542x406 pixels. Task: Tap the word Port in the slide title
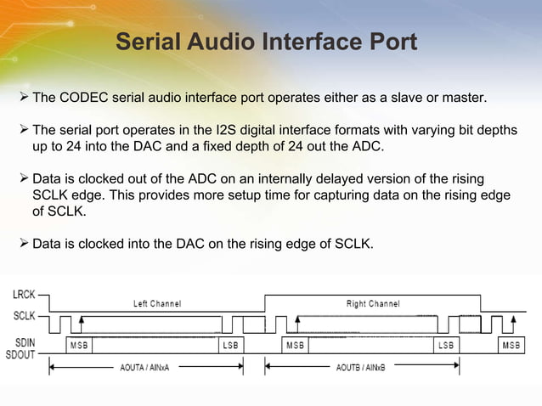tap(387, 42)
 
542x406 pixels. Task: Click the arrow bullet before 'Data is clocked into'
tap(24, 245)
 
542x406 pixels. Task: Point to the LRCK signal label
tap(24, 295)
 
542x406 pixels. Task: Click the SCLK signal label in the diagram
tap(24, 314)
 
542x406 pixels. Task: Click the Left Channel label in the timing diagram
tap(157, 303)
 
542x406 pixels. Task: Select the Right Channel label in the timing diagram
tap(373, 303)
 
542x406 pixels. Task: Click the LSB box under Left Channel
tap(230, 346)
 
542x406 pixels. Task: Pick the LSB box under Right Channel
tap(445, 346)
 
